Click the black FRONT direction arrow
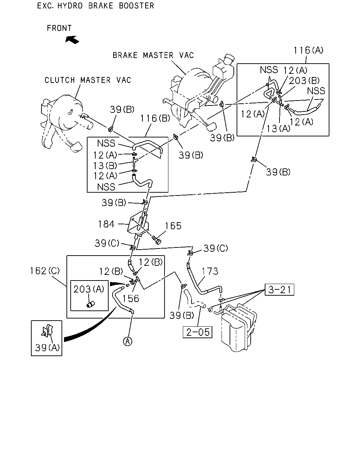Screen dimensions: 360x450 click(72, 39)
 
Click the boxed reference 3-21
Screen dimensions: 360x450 click(279, 290)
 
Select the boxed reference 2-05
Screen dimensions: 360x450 click(198, 332)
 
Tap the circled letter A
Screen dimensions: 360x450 click(128, 341)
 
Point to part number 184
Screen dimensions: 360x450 click(106, 224)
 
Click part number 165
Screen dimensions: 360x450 click(173, 226)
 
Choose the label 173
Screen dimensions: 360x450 click(210, 271)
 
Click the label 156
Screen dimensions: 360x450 click(131, 298)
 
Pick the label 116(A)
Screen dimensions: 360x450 click(308, 50)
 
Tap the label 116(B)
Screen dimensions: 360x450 click(155, 118)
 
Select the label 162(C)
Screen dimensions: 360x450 click(45, 271)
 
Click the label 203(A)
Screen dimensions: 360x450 click(89, 289)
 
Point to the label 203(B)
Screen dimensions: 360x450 click(304, 81)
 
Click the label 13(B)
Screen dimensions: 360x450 click(105, 166)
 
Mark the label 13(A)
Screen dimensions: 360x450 click(278, 128)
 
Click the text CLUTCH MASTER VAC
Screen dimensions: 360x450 click(88, 80)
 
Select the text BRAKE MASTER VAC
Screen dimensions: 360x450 click(153, 55)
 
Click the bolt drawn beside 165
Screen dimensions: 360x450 click(156, 240)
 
